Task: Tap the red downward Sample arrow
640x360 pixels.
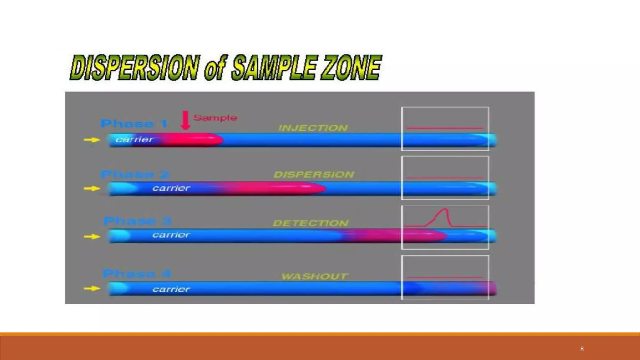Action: tap(186, 120)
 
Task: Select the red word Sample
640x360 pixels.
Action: tap(215, 118)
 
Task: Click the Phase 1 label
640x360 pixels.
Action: tap(134, 124)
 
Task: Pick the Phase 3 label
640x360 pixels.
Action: tap(137, 221)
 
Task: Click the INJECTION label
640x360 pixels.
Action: tap(313, 128)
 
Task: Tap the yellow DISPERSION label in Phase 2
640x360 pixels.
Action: tap(314, 174)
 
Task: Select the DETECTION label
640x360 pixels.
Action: tap(311, 223)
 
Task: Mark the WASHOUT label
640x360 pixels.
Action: tap(314, 276)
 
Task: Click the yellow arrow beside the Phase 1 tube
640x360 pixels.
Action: tap(92, 140)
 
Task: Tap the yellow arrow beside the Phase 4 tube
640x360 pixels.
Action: tap(92, 288)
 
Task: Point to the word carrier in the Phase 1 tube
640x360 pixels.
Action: tap(134, 139)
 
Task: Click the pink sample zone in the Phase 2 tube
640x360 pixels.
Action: tap(275, 188)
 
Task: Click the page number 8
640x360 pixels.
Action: tap(582, 349)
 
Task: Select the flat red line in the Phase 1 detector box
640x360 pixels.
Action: tap(445, 128)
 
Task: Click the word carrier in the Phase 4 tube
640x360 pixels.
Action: tap(171, 289)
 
